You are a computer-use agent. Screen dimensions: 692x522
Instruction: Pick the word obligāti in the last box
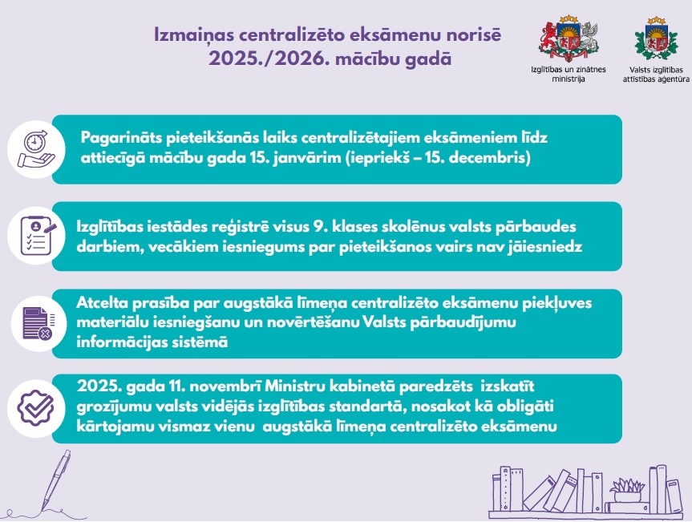tap(536, 407)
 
